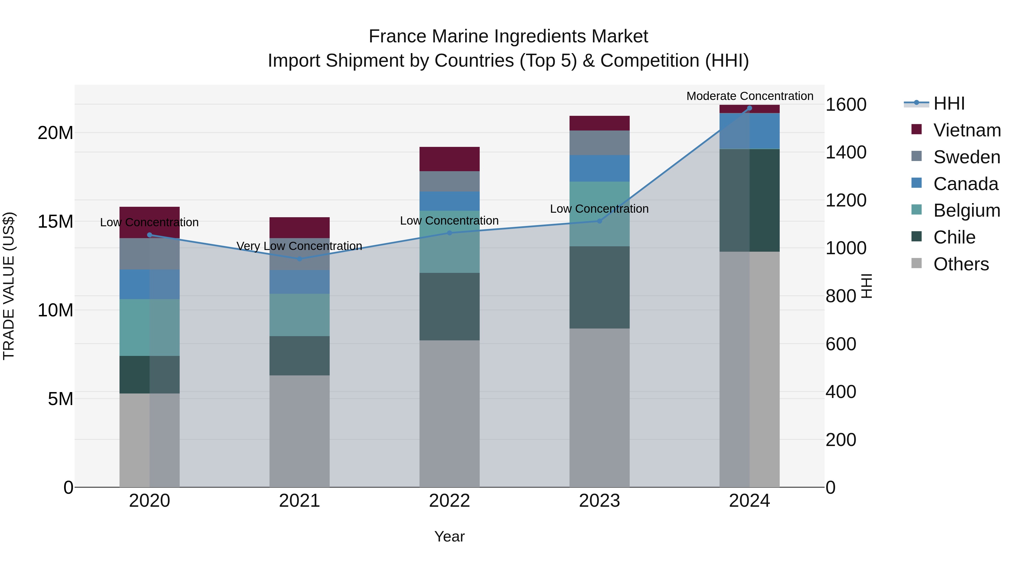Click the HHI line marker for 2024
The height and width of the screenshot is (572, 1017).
click(x=749, y=108)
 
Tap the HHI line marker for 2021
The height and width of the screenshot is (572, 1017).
click(x=299, y=259)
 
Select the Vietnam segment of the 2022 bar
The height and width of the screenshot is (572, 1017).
click(x=449, y=159)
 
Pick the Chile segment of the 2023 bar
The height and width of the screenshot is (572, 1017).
click(x=599, y=287)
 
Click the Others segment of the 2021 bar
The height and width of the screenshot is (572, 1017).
click(x=299, y=431)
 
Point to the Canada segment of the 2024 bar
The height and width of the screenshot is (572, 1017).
click(x=749, y=131)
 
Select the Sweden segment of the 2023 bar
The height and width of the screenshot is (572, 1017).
click(x=599, y=143)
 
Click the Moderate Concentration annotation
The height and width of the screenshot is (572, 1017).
click(x=749, y=96)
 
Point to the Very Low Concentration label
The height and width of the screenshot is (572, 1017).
click(x=299, y=246)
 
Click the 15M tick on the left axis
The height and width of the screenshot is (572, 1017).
click(x=55, y=221)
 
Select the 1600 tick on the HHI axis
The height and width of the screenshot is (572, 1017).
click(x=846, y=105)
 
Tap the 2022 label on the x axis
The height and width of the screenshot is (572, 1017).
click(x=449, y=501)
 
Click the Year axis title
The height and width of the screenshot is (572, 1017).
click(x=449, y=536)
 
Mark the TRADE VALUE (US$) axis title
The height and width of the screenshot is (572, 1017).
click(x=9, y=286)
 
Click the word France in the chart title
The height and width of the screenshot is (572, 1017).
click(x=397, y=36)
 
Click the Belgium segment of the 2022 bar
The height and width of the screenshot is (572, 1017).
click(x=449, y=242)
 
